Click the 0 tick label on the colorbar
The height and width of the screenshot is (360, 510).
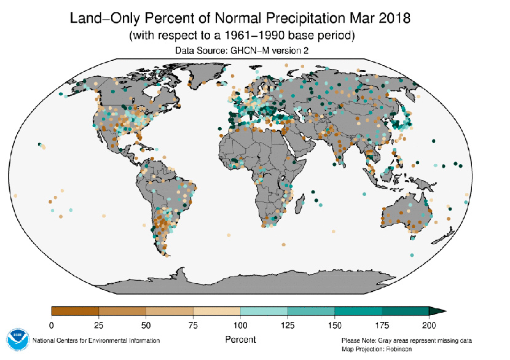pyautogui.click(x=52, y=324)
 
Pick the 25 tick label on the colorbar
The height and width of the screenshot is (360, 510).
pyautogui.click(x=99, y=324)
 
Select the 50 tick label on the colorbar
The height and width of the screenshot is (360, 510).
pyautogui.click(x=146, y=324)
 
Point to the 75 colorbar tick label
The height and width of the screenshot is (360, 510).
pyautogui.click(x=193, y=324)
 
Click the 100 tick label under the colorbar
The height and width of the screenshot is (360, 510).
pyautogui.click(x=240, y=324)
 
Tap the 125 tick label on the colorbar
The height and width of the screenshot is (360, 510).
pyautogui.click(x=288, y=324)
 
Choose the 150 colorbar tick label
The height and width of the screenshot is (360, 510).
pyautogui.click(x=335, y=324)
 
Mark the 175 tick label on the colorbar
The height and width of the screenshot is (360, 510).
pyautogui.click(x=382, y=324)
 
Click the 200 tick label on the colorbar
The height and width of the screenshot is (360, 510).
pyautogui.click(x=429, y=324)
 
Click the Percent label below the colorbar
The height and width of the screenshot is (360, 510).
pyautogui.click(x=240, y=339)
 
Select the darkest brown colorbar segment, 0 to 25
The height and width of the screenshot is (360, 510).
pyautogui.click(x=75, y=311)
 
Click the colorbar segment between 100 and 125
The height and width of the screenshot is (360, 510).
pyautogui.click(x=264, y=311)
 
